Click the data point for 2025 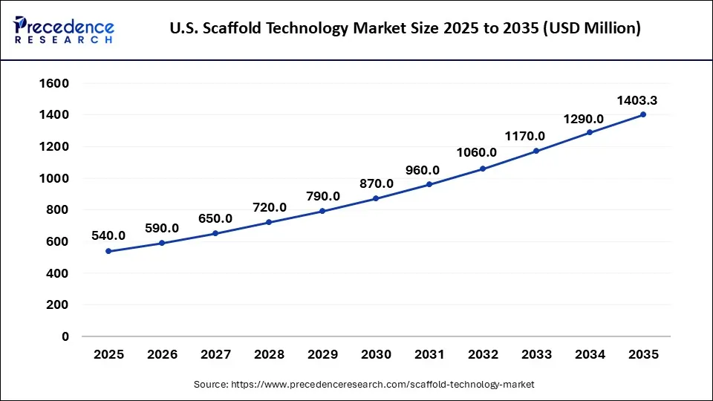pos(108,251)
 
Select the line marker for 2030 pos(376,198)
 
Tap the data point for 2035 pos(643,114)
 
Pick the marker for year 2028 pos(269,222)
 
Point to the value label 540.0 pos(108,235)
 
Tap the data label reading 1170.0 pos(526,136)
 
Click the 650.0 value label pos(215,218)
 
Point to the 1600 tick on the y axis pos(53,83)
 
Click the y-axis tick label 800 pos(57,210)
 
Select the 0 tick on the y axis pos(65,336)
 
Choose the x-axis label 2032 pos(483,355)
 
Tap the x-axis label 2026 pos(162,355)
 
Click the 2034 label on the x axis pos(590,355)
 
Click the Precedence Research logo pos(64,29)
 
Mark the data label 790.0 pos(322,196)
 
